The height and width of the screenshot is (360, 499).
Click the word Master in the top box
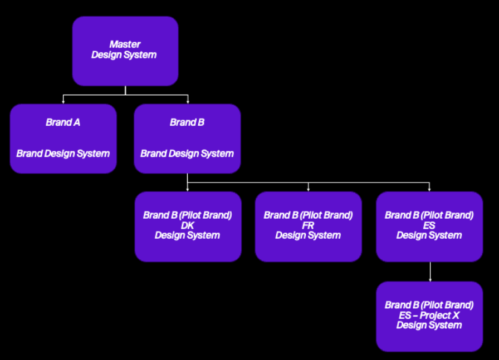pyautogui.click(x=125, y=45)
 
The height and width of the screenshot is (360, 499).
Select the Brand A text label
pyautogui.click(x=63, y=122)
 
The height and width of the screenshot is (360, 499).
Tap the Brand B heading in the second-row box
pyautogui.click(x=187, y=122)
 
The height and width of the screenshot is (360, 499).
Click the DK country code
pyautogui.click(x=187, y=225)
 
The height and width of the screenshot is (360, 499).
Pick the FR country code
pyautogui.click(x=308, y=225)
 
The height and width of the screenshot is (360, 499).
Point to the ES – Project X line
pyautogui.click(x=429, y=315)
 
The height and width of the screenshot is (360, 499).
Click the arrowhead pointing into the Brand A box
pyautogui.click(x=63, y=102)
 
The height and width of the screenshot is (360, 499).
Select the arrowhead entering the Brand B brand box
pyautogui.click(x=188, y=102)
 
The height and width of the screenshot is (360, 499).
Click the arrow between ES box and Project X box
pyautogui.click(x=429, y=272)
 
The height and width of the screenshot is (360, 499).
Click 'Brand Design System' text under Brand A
pyautogui.click(x=63, y=154)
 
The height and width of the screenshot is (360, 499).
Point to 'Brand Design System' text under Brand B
pyautogui.click(x=187, y=154)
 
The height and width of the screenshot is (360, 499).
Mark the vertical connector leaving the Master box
pyautogui.click(x=125, y=90)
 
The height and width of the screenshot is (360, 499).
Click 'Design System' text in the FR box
pyautogui.click(x=308, y=235)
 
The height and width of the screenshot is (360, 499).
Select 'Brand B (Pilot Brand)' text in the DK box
pyautogui.click(x=187, y=215)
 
